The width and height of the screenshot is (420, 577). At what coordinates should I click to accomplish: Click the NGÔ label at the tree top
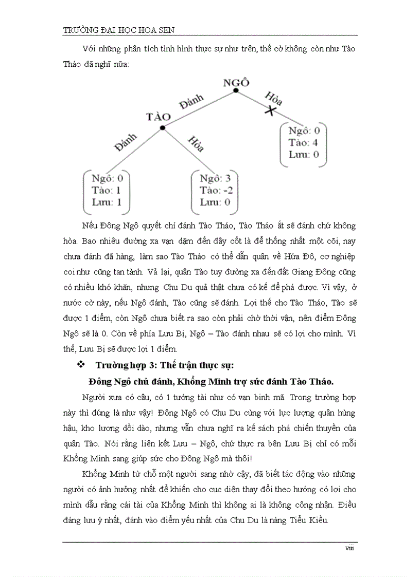point(236,83)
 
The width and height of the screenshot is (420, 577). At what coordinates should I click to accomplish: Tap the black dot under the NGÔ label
point(236,91)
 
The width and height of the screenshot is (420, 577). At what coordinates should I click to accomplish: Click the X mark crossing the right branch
point(269,110)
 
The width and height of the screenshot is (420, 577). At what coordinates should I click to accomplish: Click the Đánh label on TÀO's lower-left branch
point(126,142)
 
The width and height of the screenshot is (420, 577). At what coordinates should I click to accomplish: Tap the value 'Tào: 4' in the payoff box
point(304,142)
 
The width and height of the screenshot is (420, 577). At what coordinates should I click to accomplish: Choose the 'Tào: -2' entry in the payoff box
point(215,190)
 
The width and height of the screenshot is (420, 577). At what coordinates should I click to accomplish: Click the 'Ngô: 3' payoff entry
point(215,179)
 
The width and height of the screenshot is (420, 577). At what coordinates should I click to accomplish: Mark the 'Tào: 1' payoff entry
point(107,190)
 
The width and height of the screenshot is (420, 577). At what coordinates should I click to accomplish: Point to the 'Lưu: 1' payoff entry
point(107,202)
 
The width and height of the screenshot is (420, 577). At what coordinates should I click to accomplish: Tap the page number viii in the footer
point(349,548)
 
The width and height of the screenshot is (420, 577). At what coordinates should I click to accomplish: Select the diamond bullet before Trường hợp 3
point(80,365)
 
